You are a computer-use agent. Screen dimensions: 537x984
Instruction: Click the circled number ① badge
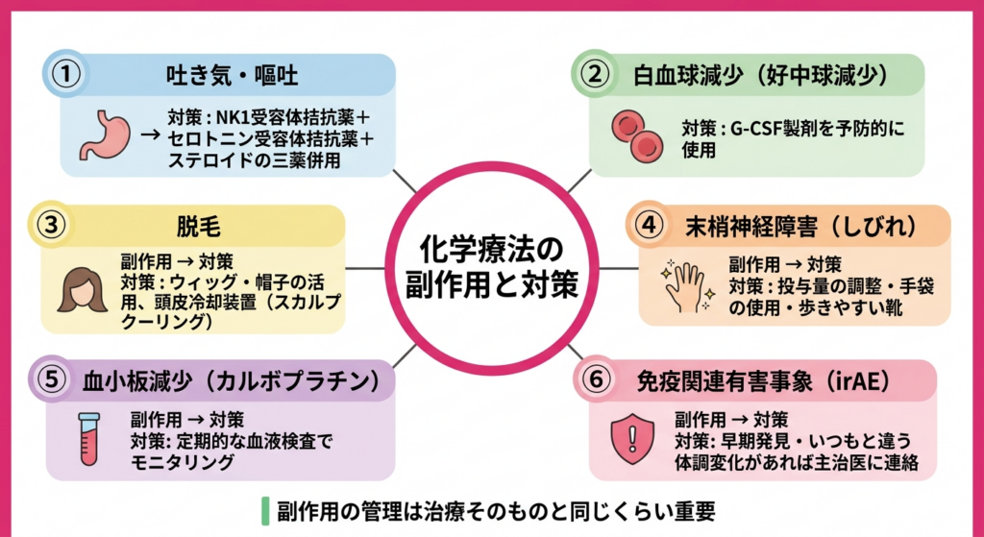(65, 74)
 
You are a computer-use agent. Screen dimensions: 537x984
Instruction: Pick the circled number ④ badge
(652, 224)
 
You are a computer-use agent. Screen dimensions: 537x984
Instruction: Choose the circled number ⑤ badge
(47, 378)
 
